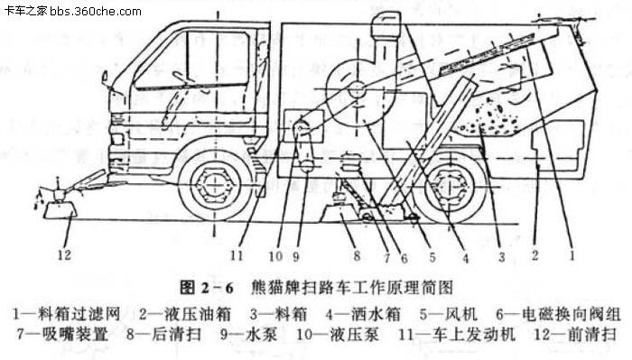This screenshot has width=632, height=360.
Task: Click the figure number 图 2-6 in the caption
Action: tap(207, 289)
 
